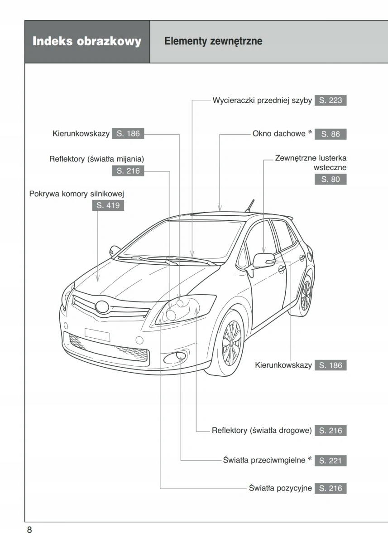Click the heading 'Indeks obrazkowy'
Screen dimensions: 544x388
[87, 42]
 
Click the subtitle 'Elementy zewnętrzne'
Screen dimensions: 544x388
[213, 42]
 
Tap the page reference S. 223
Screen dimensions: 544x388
[330, 100]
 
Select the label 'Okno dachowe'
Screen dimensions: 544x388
[278, 134]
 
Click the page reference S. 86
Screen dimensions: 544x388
[330, 134]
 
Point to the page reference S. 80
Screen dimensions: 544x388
[330, 179]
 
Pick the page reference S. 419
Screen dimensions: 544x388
[108, 206]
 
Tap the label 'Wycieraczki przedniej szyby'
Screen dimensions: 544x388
[262, 100]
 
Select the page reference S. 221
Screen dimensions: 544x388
[330, 461]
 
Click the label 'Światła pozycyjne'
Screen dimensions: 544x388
[280, 488]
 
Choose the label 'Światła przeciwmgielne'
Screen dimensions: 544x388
[264, 461]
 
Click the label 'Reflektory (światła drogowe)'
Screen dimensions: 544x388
[261, 430]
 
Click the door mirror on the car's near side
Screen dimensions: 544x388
[263, 261]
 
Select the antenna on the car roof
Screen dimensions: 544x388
[249, 206]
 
